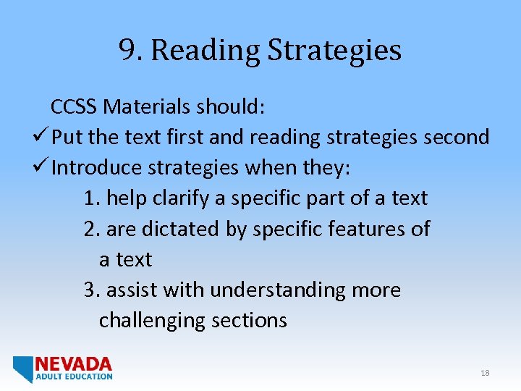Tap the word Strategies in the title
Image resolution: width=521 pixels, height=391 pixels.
[334, 51]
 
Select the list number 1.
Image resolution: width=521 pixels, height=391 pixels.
[90, 198]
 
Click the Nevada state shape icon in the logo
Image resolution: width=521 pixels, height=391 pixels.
[22, 368]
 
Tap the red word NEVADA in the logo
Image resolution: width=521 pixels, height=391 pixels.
[74, 363]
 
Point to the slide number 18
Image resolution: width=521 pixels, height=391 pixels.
[485, 373]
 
